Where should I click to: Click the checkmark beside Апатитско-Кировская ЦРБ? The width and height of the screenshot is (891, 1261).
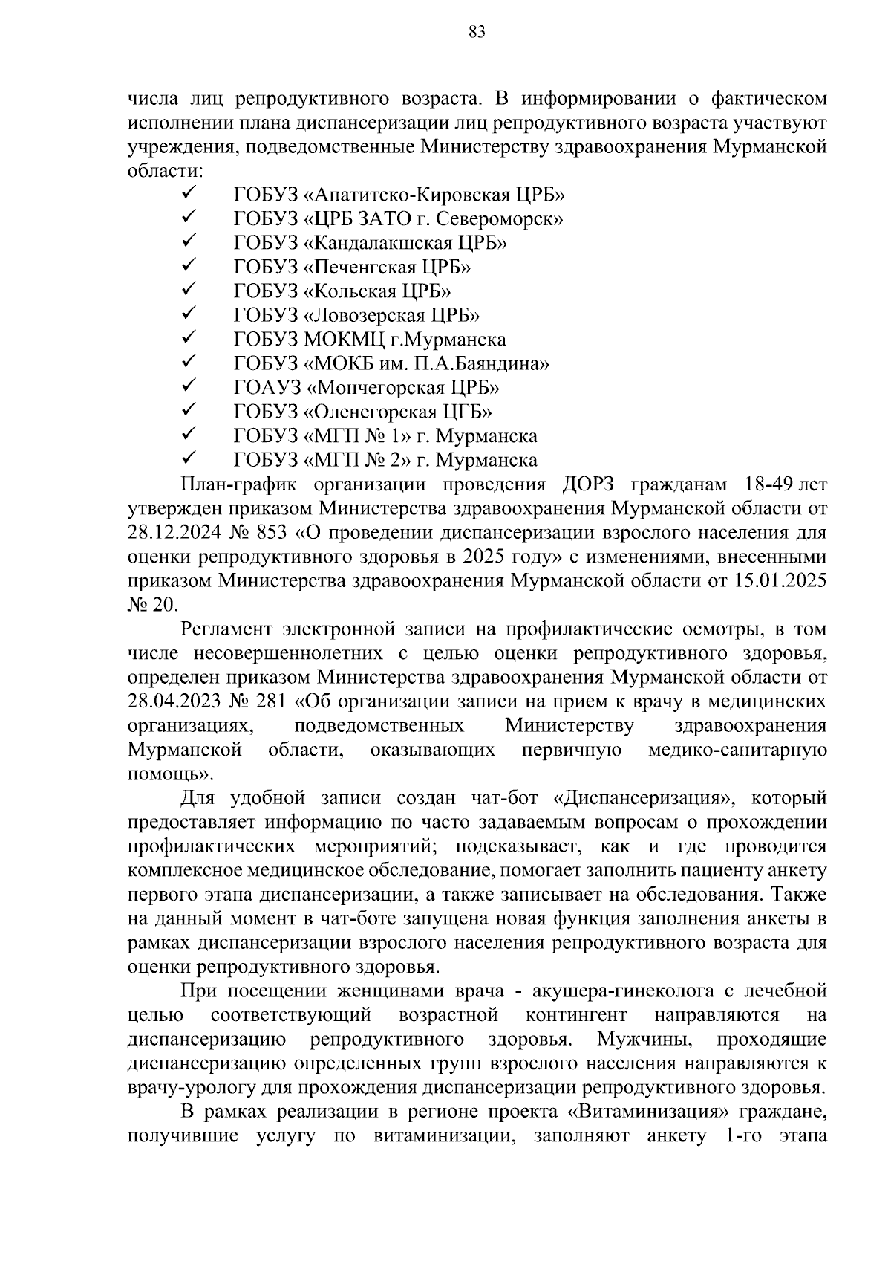pyautogui.click(x=187, y=195)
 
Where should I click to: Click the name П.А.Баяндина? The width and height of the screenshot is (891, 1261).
pyautogui.click(x=487, y=363)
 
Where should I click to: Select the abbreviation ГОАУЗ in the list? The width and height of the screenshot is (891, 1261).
pyautogui.click(x=267, y=388)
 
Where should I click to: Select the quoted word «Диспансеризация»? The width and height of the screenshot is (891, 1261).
pyautogui.click(x=643, y=798)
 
